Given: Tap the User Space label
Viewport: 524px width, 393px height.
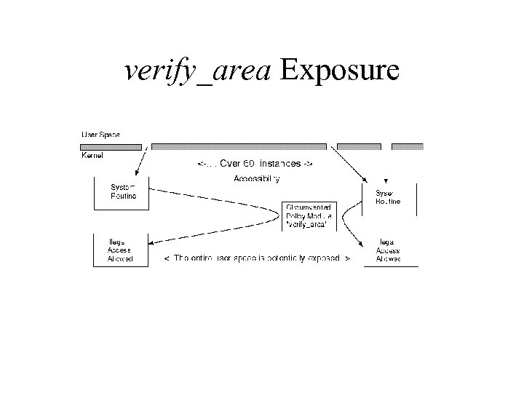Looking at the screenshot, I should click(100, 135).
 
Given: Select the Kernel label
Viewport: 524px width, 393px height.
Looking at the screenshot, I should click(92, 156).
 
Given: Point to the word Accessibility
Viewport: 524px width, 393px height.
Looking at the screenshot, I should click(257, 178).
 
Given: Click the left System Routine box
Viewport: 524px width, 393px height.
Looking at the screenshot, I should click(122, 192).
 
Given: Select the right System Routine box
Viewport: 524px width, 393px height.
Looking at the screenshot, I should click(389, 197).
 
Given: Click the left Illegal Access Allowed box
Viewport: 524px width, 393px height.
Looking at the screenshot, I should click(121, 250).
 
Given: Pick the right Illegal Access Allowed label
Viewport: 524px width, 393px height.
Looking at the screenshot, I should click(388, 250).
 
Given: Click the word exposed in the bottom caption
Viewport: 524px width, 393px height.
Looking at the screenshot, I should click(325, 259).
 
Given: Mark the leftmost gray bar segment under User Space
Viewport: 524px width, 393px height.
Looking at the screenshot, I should click(111, 146).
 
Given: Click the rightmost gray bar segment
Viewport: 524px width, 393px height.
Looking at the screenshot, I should click(407, 146).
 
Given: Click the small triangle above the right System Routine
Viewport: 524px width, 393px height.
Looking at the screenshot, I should click(386, 180).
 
